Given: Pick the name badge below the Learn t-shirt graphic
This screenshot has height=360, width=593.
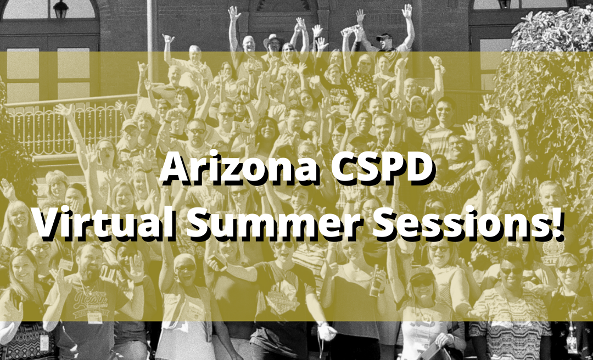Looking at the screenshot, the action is pos(95,317).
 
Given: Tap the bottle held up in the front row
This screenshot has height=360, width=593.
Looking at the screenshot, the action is pos(375,280).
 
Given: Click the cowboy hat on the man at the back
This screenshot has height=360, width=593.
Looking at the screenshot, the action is pos(272,39).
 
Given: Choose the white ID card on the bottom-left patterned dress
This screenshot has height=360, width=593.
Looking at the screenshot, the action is pos(44,342).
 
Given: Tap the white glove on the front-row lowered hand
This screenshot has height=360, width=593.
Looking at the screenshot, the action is pos(326,331).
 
